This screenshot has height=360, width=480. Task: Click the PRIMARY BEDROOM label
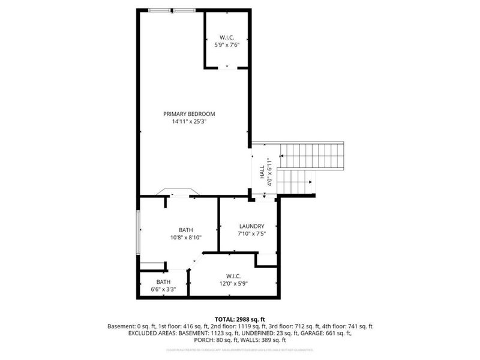tap(189, 113)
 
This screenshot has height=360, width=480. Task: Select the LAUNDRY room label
tap(248, 226)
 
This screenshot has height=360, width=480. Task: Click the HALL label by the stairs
tap(262, 173)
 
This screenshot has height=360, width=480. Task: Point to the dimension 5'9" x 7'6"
tap(227, 45)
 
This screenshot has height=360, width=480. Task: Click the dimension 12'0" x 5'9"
tap(233, 284)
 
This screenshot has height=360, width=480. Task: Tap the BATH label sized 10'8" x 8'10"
tap(186, 230)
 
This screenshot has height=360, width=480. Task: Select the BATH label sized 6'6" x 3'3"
tap(163, 282)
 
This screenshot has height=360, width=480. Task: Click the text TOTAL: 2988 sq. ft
tap(240, 319)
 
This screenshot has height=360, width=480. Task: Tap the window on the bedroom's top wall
tap(172, 10)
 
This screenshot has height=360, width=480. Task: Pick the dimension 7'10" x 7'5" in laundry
tap(248, 234)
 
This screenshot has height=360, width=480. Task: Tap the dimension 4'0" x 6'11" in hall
tap(270, 173)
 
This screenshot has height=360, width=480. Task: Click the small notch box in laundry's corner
tap(266, 260)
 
